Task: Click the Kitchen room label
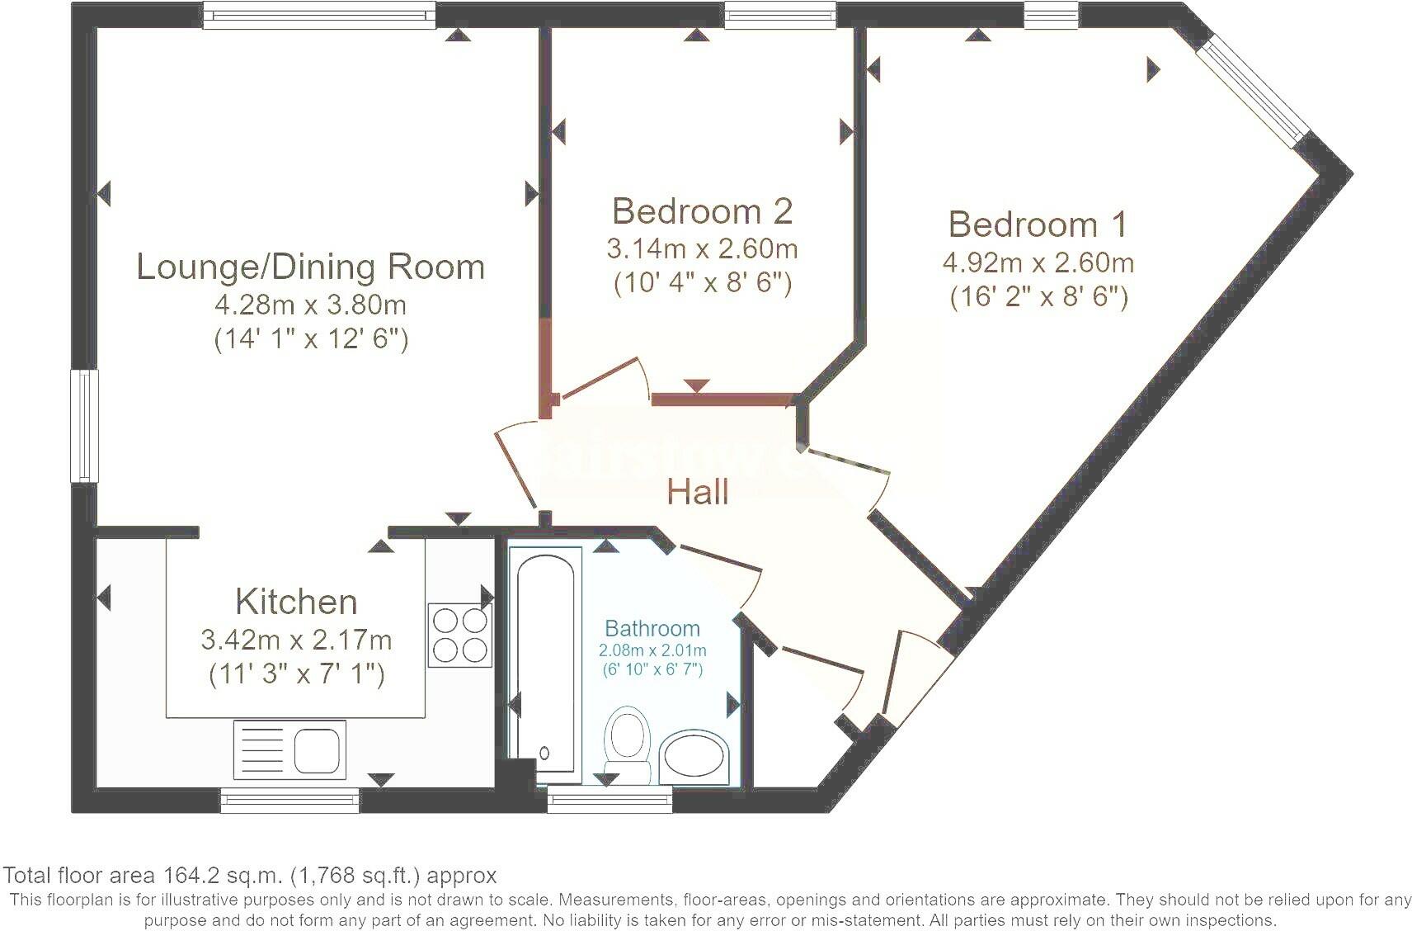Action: coord(296,602)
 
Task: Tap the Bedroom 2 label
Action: coord(702,210)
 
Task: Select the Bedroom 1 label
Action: coord(1038,224)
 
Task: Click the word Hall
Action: coord(698,492)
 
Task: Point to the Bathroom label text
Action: coord(652,628)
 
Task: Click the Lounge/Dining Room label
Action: coord(311,267)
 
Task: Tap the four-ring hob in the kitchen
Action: coord(460,636)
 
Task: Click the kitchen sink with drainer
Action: coord(290,750)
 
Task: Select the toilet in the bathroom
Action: coord(627,744)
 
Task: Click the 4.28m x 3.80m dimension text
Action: coord(311,305)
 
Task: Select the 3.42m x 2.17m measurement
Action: coord(296,640)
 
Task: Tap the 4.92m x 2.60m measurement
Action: coord(1038,263)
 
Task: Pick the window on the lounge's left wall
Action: coord(84,426)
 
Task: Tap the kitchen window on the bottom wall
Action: coord(289,801)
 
